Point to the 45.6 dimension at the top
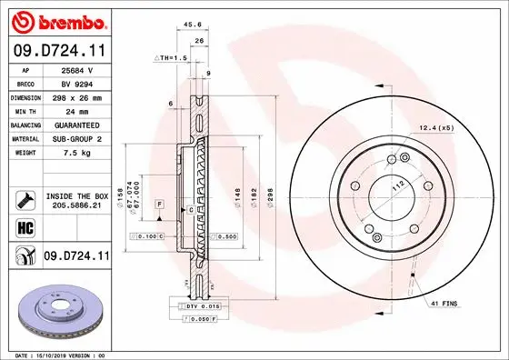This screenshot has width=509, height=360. coord(192,25)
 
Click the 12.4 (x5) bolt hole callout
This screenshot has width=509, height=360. coord(435,128)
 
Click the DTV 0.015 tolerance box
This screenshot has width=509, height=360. coord(204,307)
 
